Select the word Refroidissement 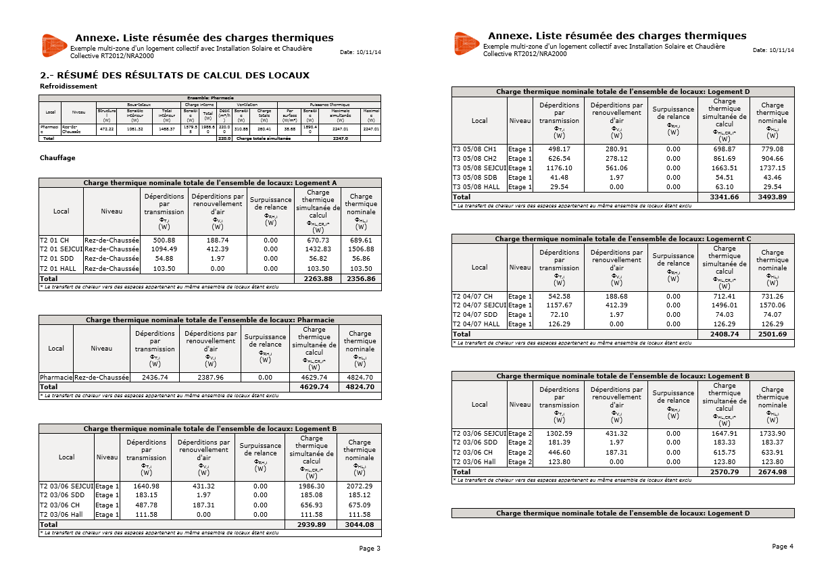pyautogui.click(x=68, y=86)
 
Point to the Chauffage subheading pyautogui.click(x=57, y=158)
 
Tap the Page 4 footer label pyautogui.click(x=783, y=546)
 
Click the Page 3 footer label pyautogui.click(x=370, y=549)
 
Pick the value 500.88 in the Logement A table pyautogui.click(x=164, y=241)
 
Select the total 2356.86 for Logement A pyautogui.click(x=361, y=278)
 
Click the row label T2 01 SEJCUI pyautogui.click(x=61, y=249)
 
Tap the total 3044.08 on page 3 pyautogui.click(x=360, y=525)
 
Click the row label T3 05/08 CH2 pyautogui.click(x=475, y=159)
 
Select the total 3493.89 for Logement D pyautogui.click(x=772, y=197)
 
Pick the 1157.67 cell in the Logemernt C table pyautogui.click(x=559, y=305)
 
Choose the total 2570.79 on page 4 pyautogui.click(x=724, y=472)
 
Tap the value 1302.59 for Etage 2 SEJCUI pyautogui.click(x=559, y=434)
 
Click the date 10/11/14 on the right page pyautogui.click(x=782, y=51)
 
